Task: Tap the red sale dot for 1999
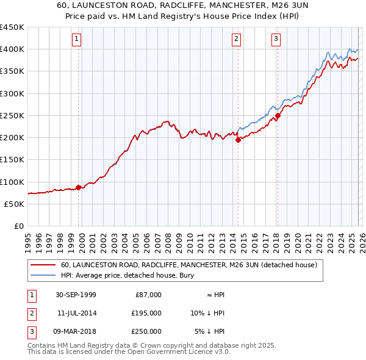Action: pyautogui.click(x=79, y=187)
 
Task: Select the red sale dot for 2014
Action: pyautogui.click(x=238, y=140)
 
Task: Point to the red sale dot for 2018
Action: pyautogui.click(x=278, y=115)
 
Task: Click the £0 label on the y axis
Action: pyautogui.click(x=18, y=226)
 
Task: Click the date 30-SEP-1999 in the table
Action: pyautogui.click(x=76, y=295)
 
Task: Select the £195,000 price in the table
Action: pyautogui.click(x=147, y=313)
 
